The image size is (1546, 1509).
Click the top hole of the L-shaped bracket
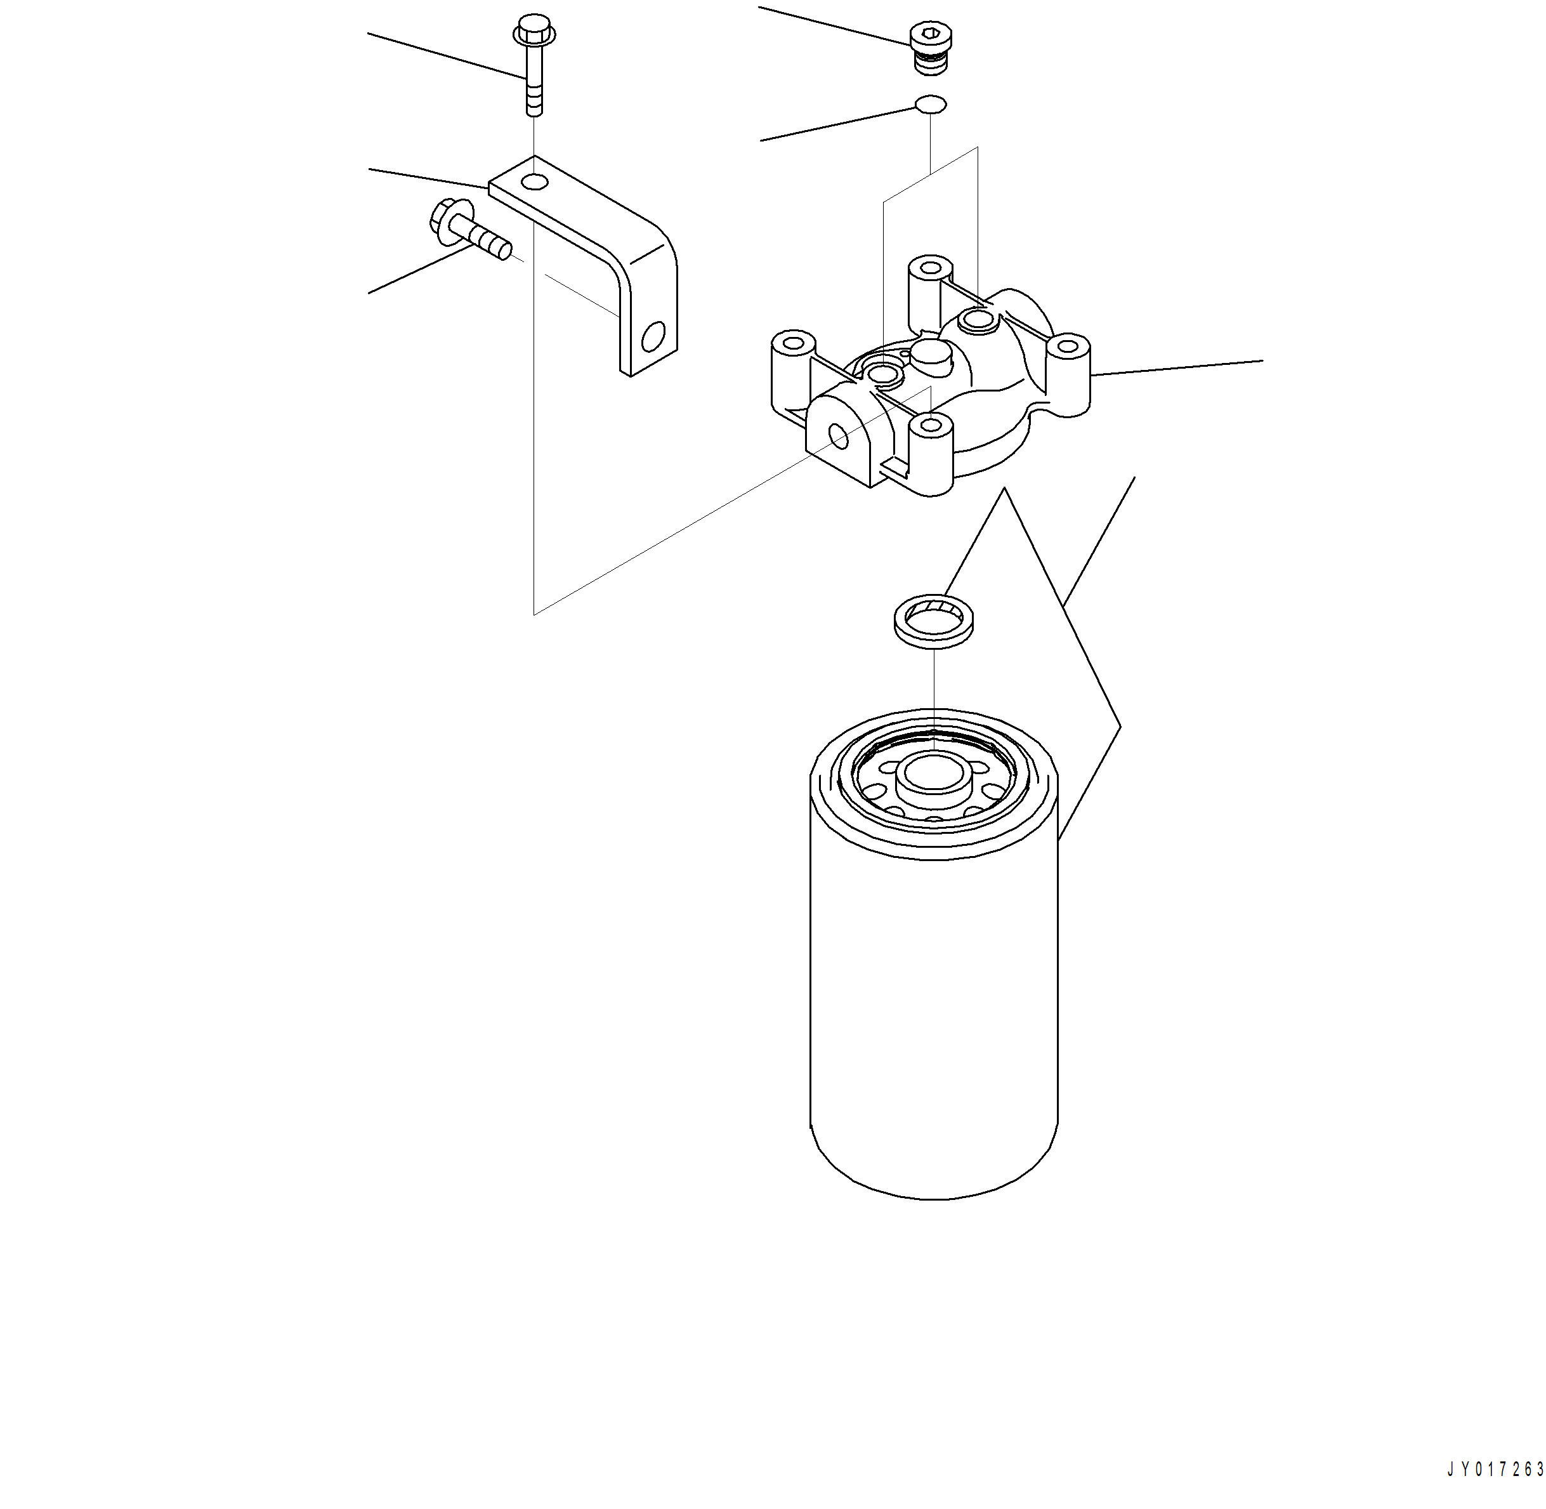pyautogui.click(x=535, y=183)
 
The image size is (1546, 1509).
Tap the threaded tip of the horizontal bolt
pyautogui.click(x=499, y=249)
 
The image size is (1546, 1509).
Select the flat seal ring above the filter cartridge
pyautogui.click(x=933, y=621)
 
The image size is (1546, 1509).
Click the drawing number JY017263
pyautogui.click(x=1495, y=1470)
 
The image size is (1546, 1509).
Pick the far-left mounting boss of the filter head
pyautogui.click(x=793, y=345)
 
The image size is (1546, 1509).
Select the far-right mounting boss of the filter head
pyautogui.click(x=1068, y=346)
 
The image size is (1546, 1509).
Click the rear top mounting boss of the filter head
pyautogui.click(x=929, y=268)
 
